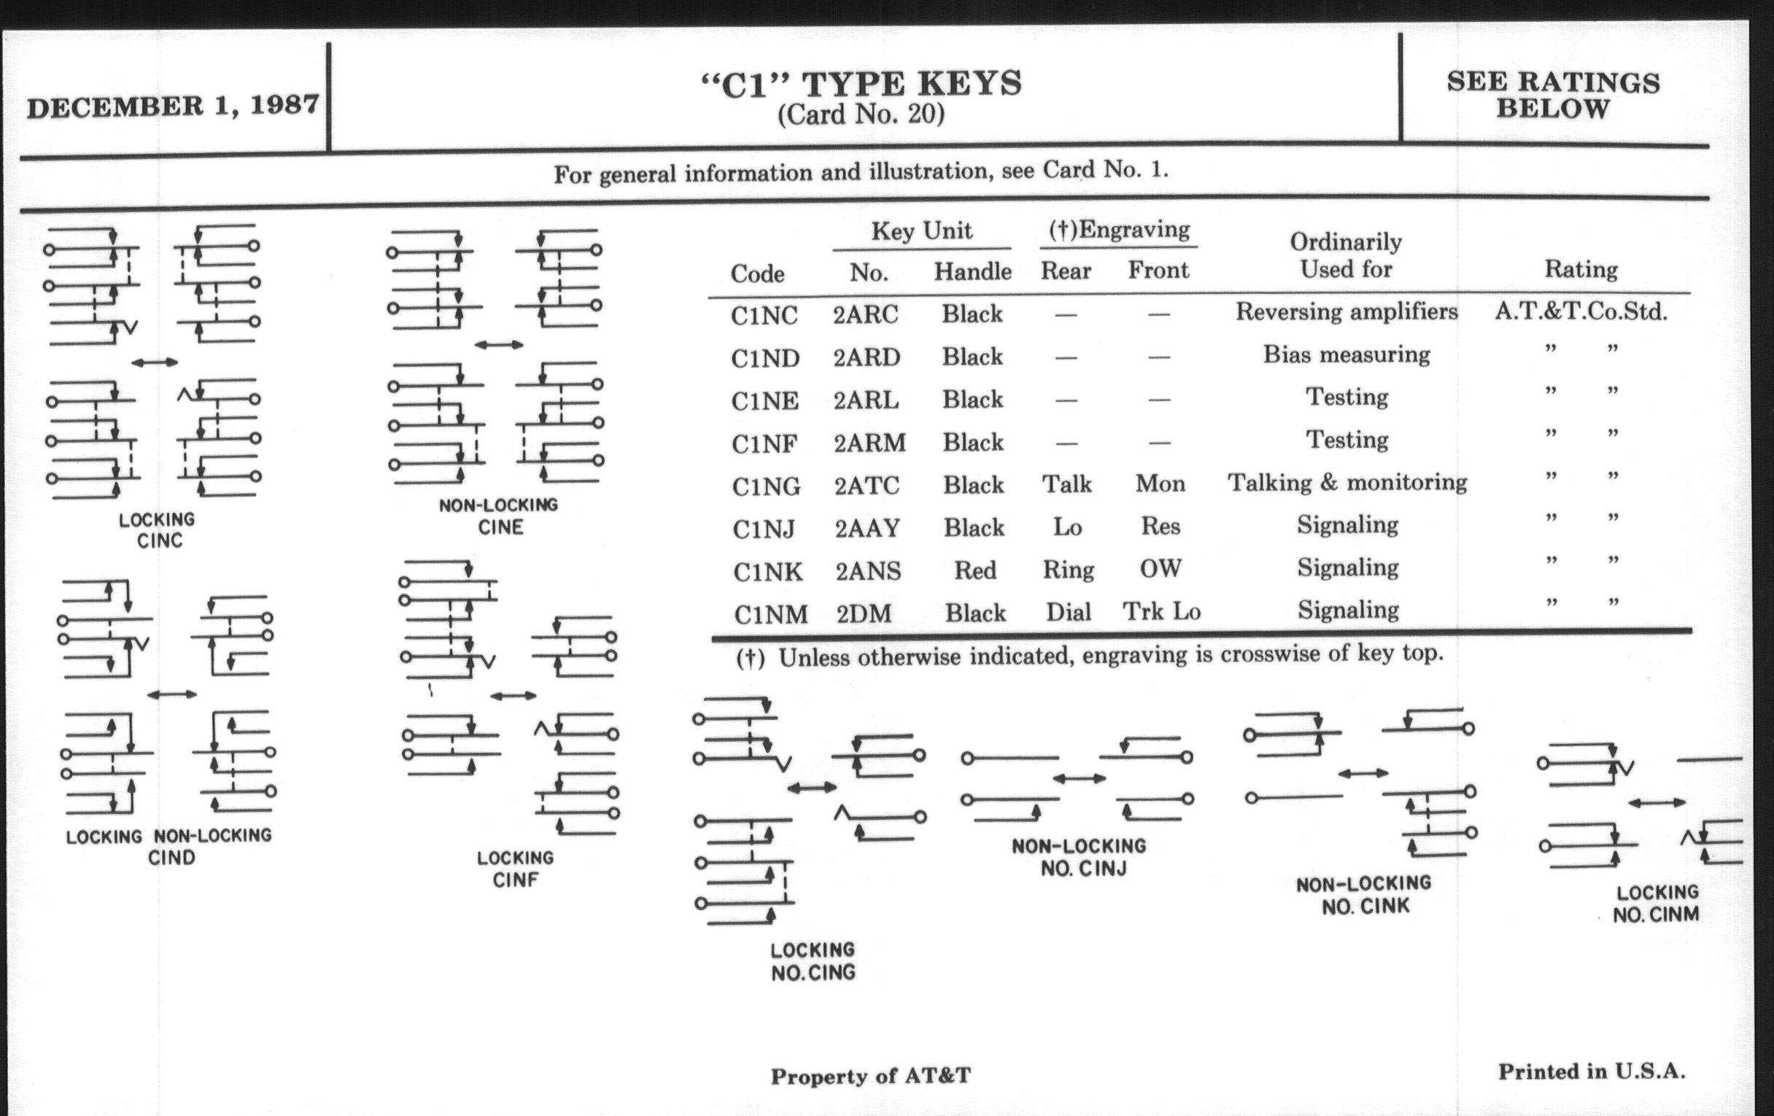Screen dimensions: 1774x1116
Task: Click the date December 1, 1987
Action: [x=173, y=106]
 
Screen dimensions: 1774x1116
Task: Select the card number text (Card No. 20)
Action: [x=861, y=115]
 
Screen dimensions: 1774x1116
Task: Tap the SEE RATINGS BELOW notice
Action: [x=1553, y=95]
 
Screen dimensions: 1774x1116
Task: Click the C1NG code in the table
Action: [x=766, y=487]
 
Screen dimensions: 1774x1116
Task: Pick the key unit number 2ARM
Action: [x=869, y=443]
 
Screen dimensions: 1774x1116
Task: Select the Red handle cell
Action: [x=975, y=570]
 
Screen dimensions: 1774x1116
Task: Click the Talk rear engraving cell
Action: [x=1066, y=484]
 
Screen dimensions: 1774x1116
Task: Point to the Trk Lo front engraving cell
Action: [x=1162, y=611]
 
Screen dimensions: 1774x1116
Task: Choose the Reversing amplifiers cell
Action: [x=1347, y=311]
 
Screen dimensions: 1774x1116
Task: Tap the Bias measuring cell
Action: [x=1347, y=354]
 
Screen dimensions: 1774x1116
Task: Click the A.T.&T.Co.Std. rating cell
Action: [x=1581, y=311]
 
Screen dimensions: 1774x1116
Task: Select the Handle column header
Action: [x=972, y=271]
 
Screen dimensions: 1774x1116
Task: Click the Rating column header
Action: [x=1581, y=269]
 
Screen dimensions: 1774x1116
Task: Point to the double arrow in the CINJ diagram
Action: [x=1080, y=778]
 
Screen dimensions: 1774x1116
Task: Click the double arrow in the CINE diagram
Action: [x=499, y=345]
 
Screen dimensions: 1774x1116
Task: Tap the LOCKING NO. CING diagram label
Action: [x=813, y=961]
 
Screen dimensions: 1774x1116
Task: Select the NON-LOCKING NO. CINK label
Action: [x=1363, y=895]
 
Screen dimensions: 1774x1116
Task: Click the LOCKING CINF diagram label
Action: [x=515, y=869]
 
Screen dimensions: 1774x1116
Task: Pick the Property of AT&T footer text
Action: [x=871, y=1076]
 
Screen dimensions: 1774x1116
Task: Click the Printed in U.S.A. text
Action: [x=1592, y=1071]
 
